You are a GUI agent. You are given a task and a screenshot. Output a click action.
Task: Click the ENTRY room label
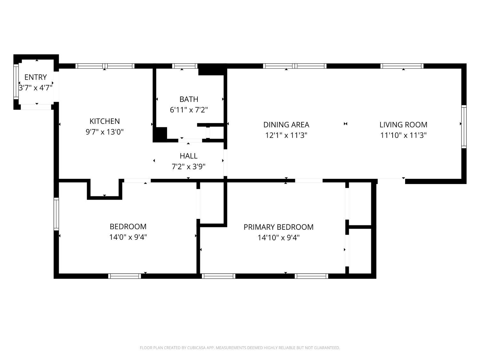36,77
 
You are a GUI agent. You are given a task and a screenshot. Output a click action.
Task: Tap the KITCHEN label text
105,121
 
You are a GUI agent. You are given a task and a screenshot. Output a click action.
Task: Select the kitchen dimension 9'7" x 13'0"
105,132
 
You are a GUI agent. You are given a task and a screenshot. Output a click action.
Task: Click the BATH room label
189,99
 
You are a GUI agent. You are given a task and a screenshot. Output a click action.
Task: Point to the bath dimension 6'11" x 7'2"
189,110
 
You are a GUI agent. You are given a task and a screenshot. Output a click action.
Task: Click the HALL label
188,156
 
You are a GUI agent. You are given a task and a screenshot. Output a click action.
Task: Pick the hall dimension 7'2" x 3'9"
188,166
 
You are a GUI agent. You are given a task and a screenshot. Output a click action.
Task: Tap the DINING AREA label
286,124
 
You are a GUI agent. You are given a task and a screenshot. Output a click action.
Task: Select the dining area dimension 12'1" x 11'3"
286,135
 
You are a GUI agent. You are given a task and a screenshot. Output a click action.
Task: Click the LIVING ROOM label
403,124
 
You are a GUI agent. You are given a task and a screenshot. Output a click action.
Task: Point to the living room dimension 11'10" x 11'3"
403,135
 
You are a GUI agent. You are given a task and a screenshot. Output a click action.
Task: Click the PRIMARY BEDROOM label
278,227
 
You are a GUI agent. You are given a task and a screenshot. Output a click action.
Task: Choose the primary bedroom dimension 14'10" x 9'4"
278,237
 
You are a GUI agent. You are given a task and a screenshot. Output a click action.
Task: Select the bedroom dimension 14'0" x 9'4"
128,237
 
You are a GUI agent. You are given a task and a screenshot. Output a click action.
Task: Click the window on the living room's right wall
464,126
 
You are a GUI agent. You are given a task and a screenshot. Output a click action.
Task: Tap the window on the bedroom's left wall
56,214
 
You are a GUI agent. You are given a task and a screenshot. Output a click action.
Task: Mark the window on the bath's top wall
185,66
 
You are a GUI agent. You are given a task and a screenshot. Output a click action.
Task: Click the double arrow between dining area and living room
345,124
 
